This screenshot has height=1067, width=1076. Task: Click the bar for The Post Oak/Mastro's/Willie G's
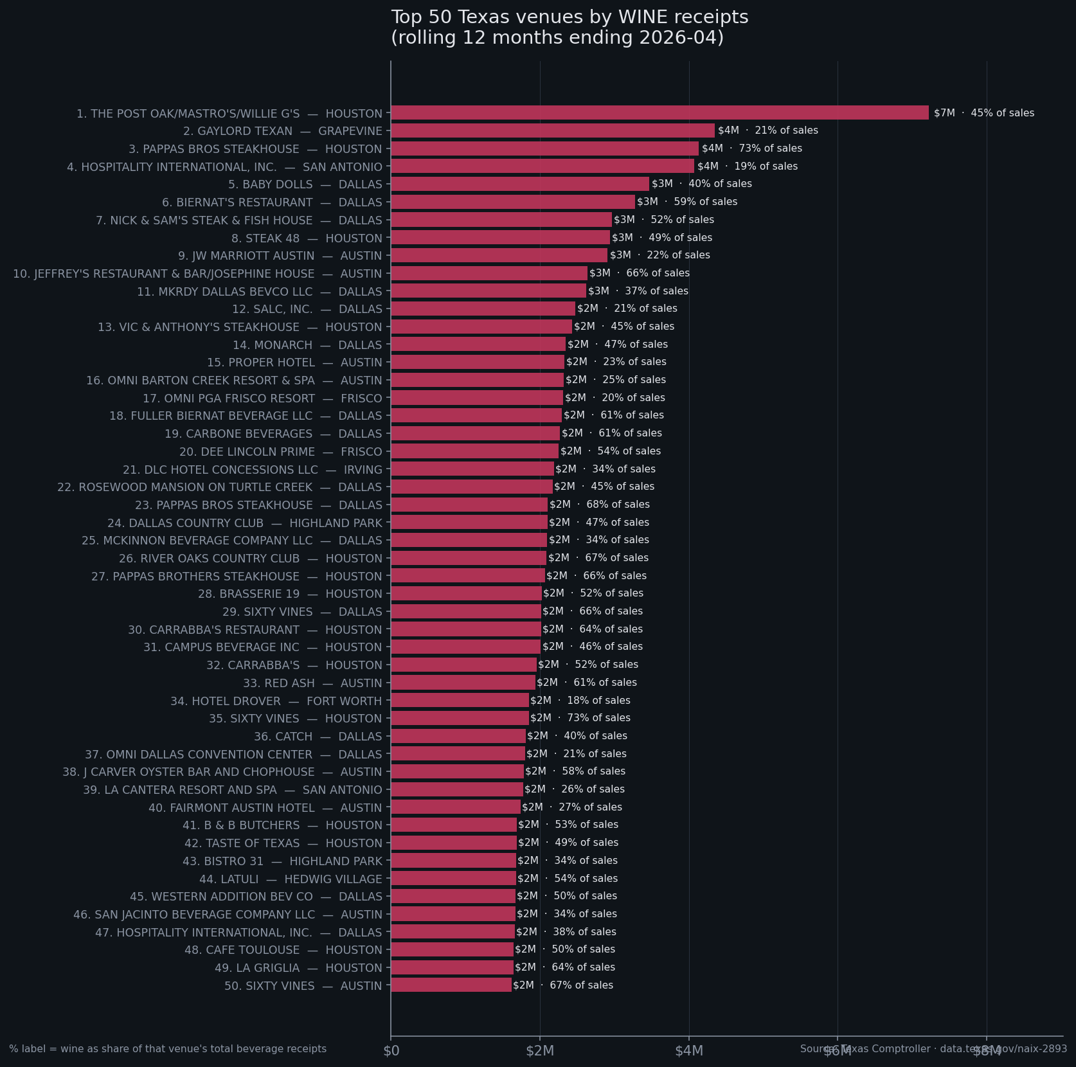tap(659, 112)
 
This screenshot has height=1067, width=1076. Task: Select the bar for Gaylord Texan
tap(553, 130)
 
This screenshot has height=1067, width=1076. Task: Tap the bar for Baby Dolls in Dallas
tap(520, 184)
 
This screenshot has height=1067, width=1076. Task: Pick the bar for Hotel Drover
tap(460, 700)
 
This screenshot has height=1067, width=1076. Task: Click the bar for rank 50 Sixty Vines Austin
tap(451, 985)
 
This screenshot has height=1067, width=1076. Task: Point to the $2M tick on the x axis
tap(540, 1050)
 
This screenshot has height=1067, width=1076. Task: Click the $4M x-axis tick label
tap(689, 1050)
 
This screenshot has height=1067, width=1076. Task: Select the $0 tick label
tap(391, 1050)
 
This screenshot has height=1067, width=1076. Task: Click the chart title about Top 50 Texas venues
tap(569, 27)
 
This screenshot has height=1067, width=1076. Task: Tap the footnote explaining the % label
tap(168, 1048)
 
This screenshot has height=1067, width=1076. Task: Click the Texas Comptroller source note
tap(933, 1048)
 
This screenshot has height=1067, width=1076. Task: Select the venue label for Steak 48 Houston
tap(307, 238)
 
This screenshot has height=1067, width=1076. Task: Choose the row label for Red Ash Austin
tap(312, 683)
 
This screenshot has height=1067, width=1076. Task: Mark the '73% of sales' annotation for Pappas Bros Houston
tap(752, 148)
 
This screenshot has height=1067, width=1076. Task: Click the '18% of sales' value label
tap(580, 700)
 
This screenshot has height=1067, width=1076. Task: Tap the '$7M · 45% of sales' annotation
tap(984, 113)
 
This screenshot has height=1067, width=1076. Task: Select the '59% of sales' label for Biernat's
tap(687, 202)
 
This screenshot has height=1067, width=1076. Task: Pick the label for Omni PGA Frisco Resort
tap(262, 398)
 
